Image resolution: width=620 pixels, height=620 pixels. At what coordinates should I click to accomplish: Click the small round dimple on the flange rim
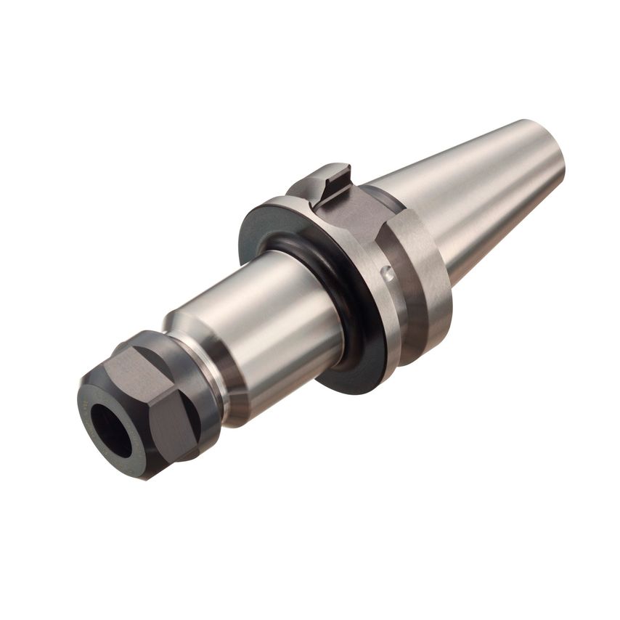389,274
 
